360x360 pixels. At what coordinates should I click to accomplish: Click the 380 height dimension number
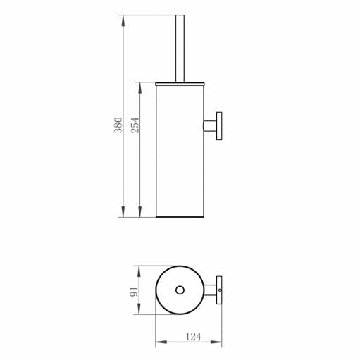point(118,125)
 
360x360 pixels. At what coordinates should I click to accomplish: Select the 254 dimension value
point(136,125)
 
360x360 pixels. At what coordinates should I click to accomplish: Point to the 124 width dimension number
point(192,337)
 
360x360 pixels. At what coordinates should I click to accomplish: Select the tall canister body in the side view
point(179,151)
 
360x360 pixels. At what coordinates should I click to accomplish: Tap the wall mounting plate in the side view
point(219,126)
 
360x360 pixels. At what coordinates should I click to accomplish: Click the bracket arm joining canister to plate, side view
point(209,126)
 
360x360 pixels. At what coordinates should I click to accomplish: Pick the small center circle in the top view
point(179,290)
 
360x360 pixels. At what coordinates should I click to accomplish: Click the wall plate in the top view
point(219,290)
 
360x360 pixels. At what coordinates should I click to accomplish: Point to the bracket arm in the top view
point(209,290)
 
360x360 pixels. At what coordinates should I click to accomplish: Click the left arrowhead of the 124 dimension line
point(159,343)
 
